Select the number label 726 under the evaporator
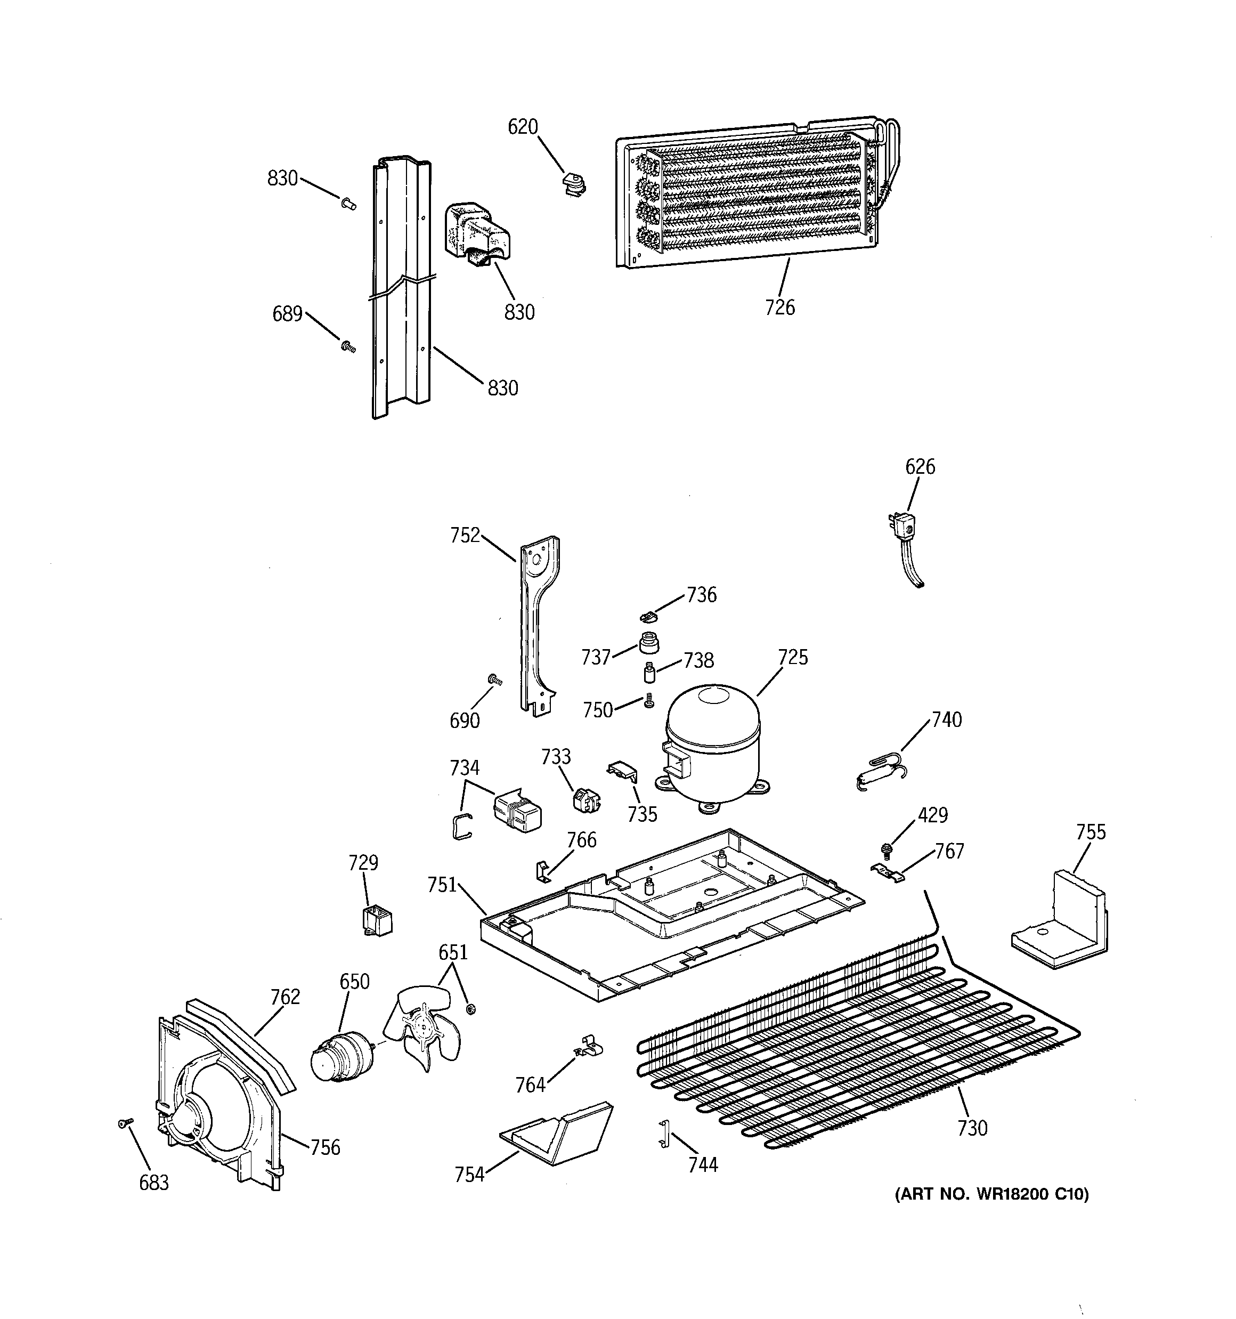pos(779,307)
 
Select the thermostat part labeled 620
pos(573,184)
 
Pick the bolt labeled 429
pos(885,848)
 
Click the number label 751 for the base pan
pos(442,885)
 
